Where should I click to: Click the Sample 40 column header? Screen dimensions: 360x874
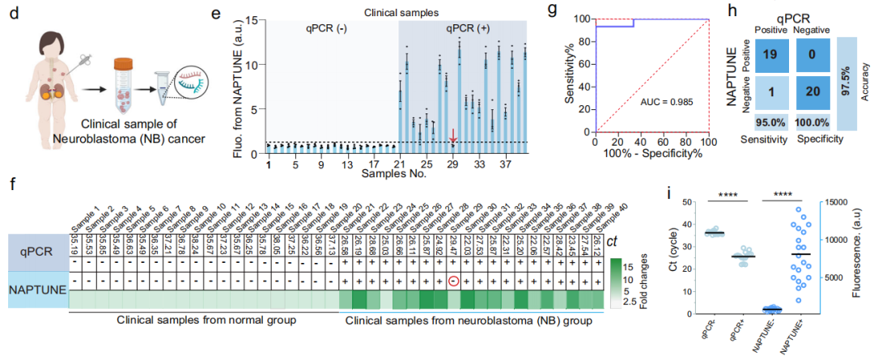click(x=600, y=212)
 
